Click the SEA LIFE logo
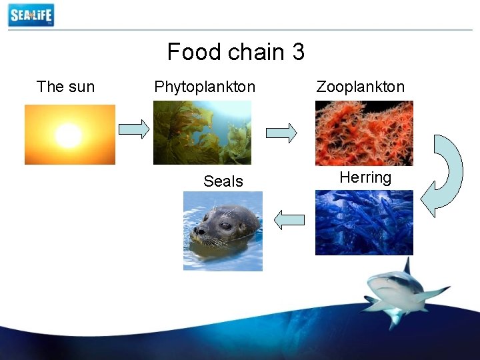point(31,15)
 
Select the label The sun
point(65,87)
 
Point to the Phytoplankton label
point(204,87)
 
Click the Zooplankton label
point(360,87)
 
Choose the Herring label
point(365,177)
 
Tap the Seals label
point(223,181)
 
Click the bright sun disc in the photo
point(68,136)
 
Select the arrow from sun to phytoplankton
point(134,129)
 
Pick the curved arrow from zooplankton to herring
point(445,175)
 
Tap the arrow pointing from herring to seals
point(289,219)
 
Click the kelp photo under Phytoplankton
point(202,132)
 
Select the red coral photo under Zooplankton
point(364,133)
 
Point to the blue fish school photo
point(364,223)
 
